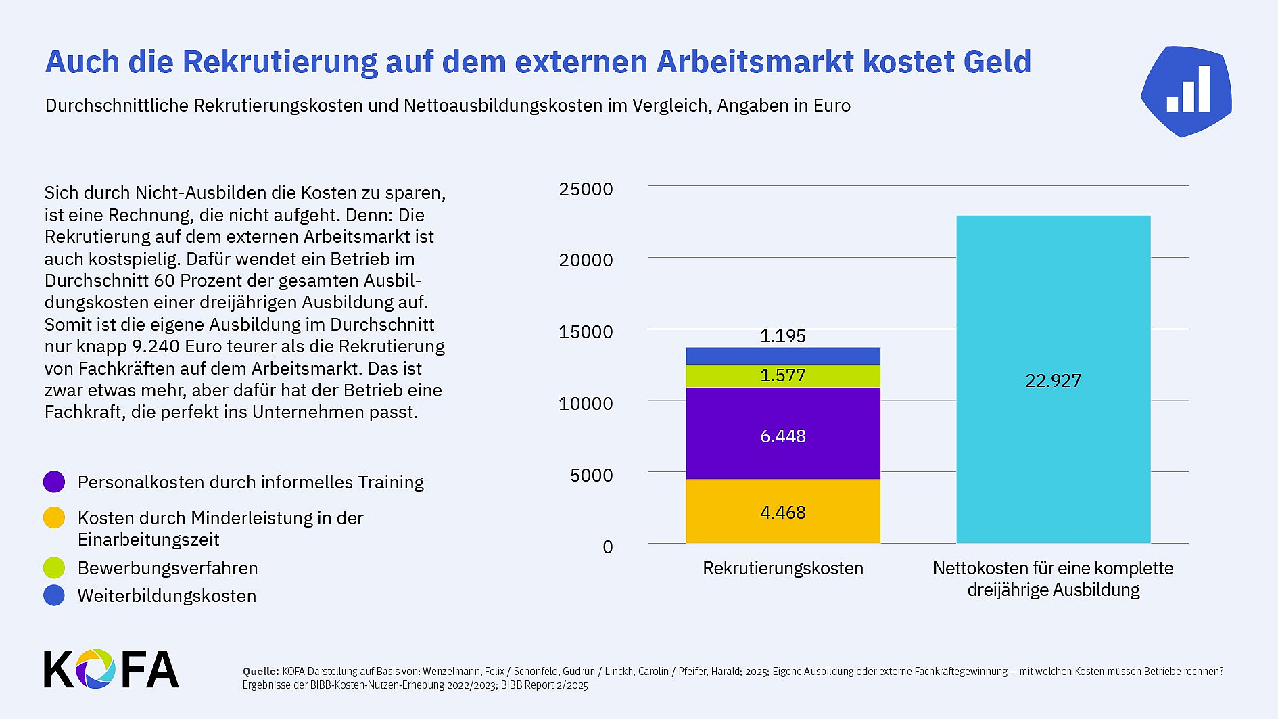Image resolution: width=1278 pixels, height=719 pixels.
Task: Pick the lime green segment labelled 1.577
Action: tap(782, 376)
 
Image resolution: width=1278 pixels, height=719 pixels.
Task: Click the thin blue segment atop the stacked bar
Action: tap(782, 356)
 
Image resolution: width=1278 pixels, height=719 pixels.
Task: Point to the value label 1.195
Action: tap(782, 336)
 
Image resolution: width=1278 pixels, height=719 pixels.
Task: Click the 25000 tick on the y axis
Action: tap(586, 189)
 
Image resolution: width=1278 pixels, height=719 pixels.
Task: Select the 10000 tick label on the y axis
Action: tap(586, 404)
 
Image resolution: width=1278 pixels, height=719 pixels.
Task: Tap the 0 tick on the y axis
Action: tap(607, 547)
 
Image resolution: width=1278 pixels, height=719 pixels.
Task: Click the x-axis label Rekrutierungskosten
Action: tap(782, 568)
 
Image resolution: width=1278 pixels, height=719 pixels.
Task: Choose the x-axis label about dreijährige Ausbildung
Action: tap(1053, 579)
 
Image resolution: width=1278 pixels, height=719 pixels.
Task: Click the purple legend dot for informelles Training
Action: tap(54, 482)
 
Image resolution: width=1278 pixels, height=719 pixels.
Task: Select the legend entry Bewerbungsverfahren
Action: tap(167, 568)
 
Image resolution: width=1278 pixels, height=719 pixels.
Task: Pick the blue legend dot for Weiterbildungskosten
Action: tap(54, 595)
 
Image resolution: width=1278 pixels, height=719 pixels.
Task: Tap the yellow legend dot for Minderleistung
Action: tap(54, 518)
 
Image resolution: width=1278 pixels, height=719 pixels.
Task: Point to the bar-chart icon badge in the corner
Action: tap(1187, 91)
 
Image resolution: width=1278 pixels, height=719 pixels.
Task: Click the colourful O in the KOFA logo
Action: tap(95, 669)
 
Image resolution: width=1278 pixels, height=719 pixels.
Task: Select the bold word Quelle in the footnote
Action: tap(260, 672)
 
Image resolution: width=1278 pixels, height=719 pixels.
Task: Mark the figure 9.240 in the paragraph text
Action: tap(156, 346)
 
